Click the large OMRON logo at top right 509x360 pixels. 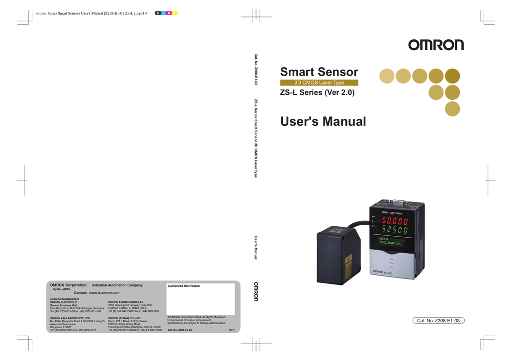click(436, 45)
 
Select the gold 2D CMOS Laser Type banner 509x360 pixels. click(319, 83)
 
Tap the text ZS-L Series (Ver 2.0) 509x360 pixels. click(317, 92)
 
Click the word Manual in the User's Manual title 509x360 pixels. click(340, 121)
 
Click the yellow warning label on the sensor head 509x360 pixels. click(348, 261)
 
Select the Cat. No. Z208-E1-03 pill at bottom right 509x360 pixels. click(439, 321)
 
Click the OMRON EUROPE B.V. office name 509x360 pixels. click(64, 302)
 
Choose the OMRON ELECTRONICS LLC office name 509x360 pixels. click(125, 302)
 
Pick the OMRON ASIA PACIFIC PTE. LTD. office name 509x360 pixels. click(70, 318)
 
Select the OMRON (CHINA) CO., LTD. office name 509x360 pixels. click(124, 318)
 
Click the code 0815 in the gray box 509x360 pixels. click(232, 329)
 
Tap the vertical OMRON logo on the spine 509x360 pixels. click(256, 292)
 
